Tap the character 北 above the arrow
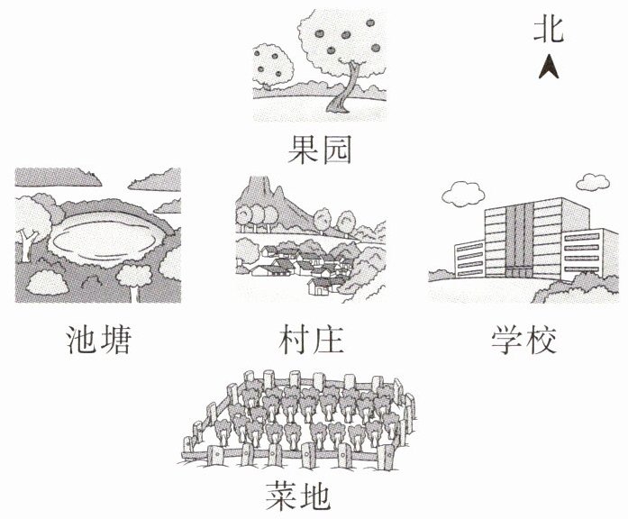click(550, 30)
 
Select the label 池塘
click(100, 341)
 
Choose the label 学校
click(524, 341)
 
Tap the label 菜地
click(300, 495)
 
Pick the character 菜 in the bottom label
click(283, 495)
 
